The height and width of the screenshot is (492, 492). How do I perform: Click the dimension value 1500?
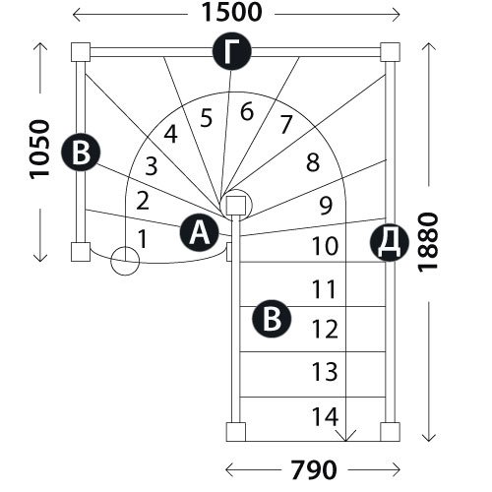click(231, 13)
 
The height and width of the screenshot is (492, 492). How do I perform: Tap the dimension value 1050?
click(39, 150)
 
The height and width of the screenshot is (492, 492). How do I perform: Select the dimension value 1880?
click(428, 242)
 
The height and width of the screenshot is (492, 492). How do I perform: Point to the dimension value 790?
click(314, 469)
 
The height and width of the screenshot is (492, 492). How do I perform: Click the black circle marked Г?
click(232, 51)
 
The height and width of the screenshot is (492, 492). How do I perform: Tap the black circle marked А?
click(200, 232)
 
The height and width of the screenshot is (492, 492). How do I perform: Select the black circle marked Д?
click(390, 242)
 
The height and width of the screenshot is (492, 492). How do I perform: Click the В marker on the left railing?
click(81, 153)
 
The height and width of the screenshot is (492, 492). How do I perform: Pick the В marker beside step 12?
click(272, 319)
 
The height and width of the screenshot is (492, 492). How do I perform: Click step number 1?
click(143, 239)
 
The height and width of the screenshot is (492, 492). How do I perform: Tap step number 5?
click(207, 118)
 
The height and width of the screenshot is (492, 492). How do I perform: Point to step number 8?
click(313, 162)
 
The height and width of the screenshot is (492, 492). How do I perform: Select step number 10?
click(325, 246)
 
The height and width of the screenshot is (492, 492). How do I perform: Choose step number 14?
click(325, 416)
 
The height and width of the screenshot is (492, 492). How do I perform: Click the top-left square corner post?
click(81, 52)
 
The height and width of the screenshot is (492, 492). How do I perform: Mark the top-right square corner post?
click(390, 52)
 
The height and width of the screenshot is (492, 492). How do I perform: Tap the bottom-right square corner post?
click(390, 432)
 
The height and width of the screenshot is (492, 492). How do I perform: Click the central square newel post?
click(236, 206)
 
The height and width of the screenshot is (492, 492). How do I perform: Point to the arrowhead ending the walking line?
click(346, 436)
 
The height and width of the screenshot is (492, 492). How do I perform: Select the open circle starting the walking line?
click(125, 261)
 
